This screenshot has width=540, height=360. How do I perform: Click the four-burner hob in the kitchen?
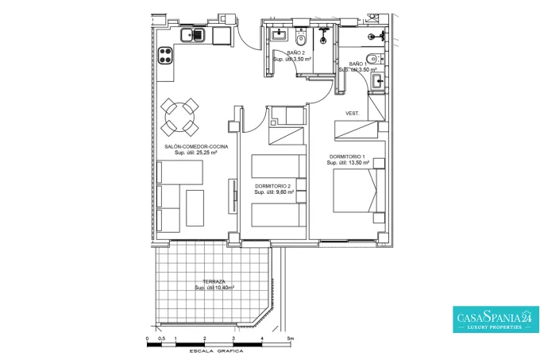165,56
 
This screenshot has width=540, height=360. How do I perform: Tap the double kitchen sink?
192,35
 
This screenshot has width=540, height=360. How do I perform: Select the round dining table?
179,117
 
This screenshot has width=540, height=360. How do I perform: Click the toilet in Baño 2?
301,38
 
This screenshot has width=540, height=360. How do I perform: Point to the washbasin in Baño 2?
278,34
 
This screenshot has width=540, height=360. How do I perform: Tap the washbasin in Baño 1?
378,81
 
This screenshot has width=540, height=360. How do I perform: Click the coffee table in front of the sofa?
195,207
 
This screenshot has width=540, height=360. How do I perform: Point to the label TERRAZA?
214,281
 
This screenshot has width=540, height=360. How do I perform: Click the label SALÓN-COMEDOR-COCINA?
196,146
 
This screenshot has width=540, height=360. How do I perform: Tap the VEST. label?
353,114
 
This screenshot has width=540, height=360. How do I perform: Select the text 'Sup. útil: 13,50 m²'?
348,163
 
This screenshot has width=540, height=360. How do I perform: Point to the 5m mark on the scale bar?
291,339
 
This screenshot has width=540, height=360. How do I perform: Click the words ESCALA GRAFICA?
216,351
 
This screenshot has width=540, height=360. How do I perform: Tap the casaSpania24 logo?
496,319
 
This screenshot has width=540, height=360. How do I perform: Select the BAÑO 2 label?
296,53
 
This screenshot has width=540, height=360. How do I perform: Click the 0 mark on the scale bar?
147,339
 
